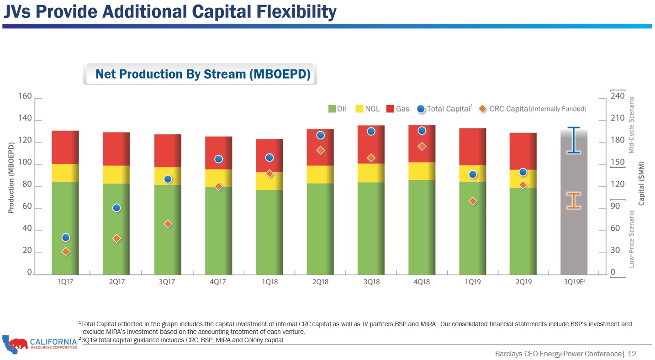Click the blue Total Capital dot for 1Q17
[x=66, y=238]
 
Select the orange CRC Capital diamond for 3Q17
[x=168, y=224]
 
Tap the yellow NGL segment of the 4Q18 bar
[x=422, y=171]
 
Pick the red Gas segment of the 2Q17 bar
[x=116, y=149]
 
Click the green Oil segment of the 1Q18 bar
[x=269, y=232]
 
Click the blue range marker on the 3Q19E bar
[x=573, y=140]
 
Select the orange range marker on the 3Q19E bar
[x=574, y=201]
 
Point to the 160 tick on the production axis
[x=25, y=97]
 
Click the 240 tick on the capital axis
[x=617, y=97]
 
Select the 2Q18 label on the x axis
[x=320, y=282]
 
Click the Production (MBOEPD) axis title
[x=11, y=178]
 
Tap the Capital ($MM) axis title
[x=641, y=183]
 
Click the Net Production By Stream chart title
[x=202, y=74]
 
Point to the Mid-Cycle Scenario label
[x=632, y=125]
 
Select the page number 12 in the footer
[x=632, y=354]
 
